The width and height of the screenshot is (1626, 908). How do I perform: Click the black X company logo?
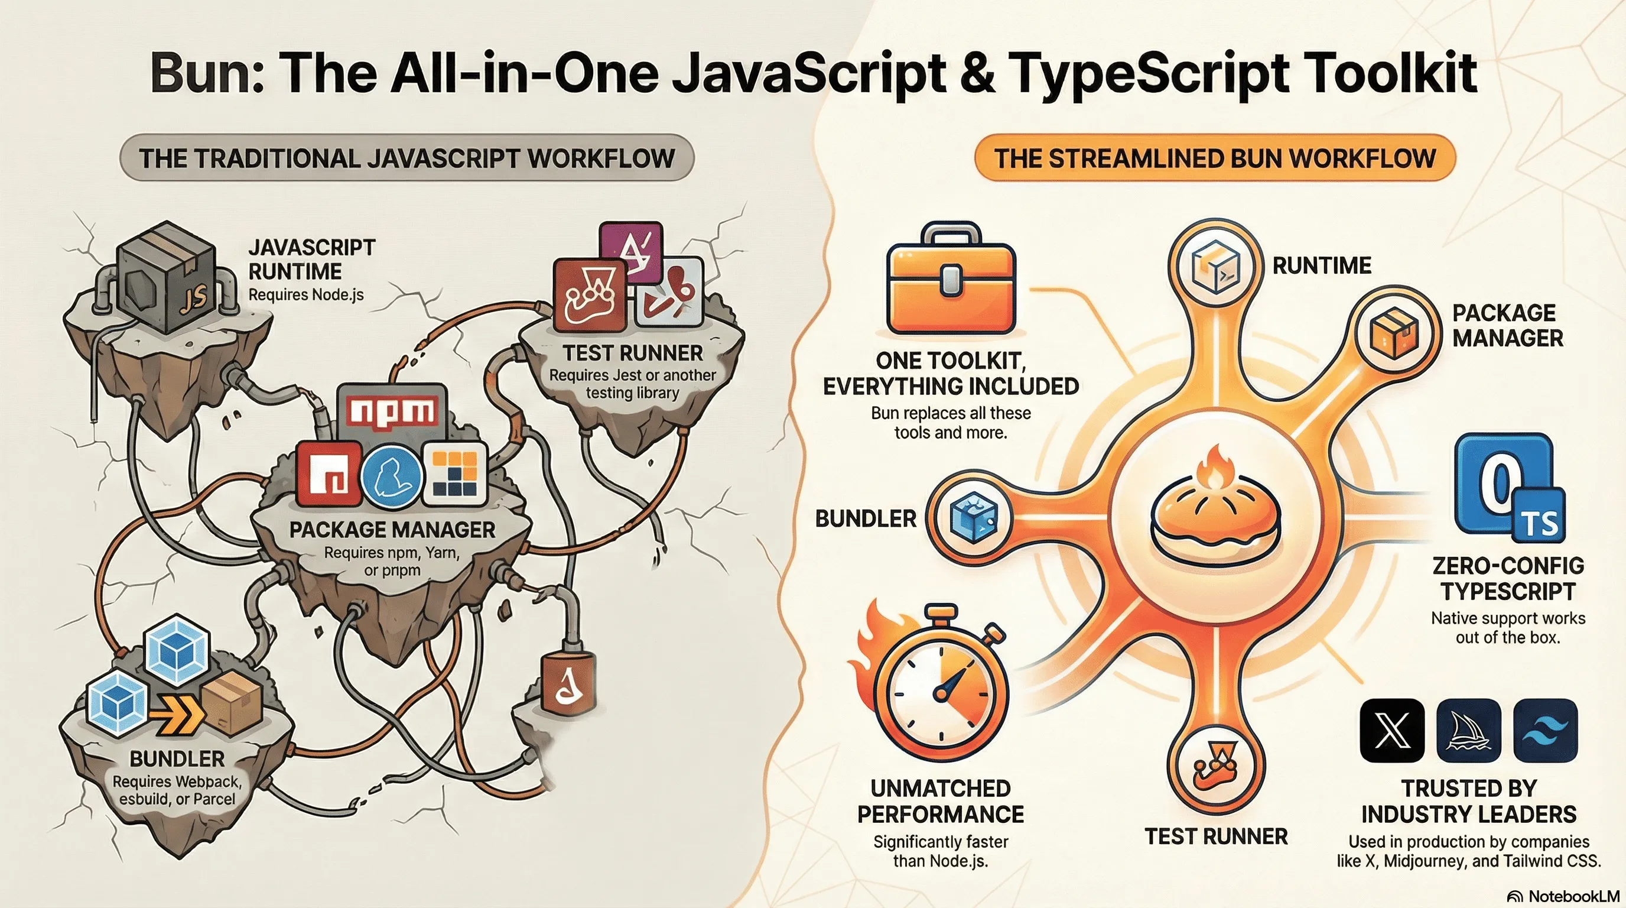coord(1393,731)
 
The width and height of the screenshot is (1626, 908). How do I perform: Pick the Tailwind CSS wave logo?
coord(1545,731)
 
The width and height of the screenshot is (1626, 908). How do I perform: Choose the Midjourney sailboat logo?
coord(1469,731)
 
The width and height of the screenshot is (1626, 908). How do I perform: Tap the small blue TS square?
coord(1540,523)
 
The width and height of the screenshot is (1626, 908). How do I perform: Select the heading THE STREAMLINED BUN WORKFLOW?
coord(1215,158)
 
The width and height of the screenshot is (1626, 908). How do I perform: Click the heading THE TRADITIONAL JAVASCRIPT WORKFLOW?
coord(407,158)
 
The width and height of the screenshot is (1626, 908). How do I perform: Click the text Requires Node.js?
coord(306,295)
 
